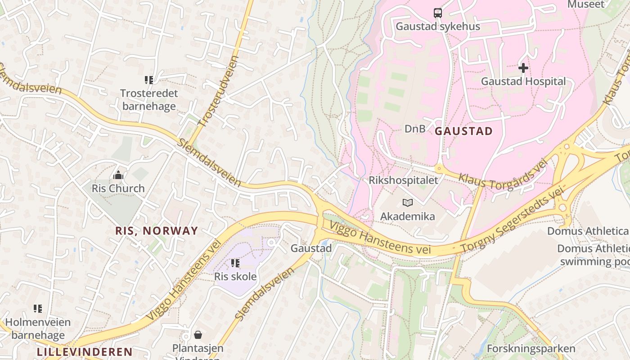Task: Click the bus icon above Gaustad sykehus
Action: tap(437, 13)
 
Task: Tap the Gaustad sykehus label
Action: tap(437, 27)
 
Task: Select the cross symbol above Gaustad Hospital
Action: tap(523, 68)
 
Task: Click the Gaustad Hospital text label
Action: tap(523, 81)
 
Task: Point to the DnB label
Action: tap(414, 129)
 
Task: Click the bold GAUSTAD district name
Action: tap(463, 131)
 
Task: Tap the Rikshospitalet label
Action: tap(403, 180)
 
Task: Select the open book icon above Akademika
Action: tap(407, 203)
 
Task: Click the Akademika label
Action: tap(407, 216)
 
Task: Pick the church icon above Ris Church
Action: tap(118, 175)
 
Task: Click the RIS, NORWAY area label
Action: tap(157, 231)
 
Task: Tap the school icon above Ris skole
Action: tap(235, 263)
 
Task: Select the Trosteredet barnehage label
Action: tap(149, 100)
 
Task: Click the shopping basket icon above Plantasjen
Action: tap(198, 335)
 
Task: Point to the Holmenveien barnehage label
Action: tap(38, 328)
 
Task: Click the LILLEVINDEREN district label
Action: tap(85, 352)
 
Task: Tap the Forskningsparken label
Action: tap(531, 349)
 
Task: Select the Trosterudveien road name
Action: tap(218, 91)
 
